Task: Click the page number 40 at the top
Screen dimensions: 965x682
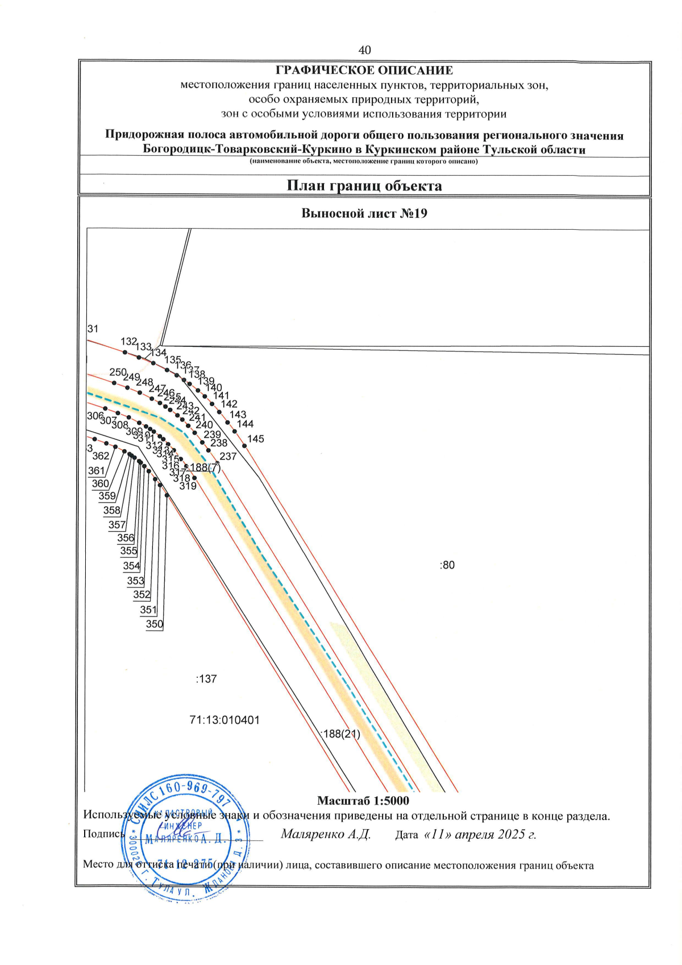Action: [x=364, y=50]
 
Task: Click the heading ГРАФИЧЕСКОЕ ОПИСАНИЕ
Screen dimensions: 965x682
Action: [x=364, y=71]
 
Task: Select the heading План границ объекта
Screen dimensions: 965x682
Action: [x=364, y=186]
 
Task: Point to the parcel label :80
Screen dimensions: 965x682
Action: [x=447, y=565]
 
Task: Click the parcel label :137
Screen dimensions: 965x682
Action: [x=206, y=679]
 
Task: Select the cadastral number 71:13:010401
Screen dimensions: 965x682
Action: [x=224, y=720]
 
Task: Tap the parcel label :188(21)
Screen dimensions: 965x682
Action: [x=340, y=734]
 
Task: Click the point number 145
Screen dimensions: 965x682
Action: [x=256, y=439]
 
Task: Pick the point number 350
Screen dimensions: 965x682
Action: [x=155, y=624]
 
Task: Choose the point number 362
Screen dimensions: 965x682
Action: [x=101, y=456]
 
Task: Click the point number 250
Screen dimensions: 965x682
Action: [x=118, y=372]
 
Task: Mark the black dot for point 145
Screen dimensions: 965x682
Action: [x=244, y=446]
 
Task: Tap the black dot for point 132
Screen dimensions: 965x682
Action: [x=125, y=351]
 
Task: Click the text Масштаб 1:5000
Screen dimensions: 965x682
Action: [x=363, y=801]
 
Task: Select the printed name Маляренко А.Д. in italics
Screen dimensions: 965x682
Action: [x=326, y=834]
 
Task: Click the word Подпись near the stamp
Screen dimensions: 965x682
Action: [x=103, y=834]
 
